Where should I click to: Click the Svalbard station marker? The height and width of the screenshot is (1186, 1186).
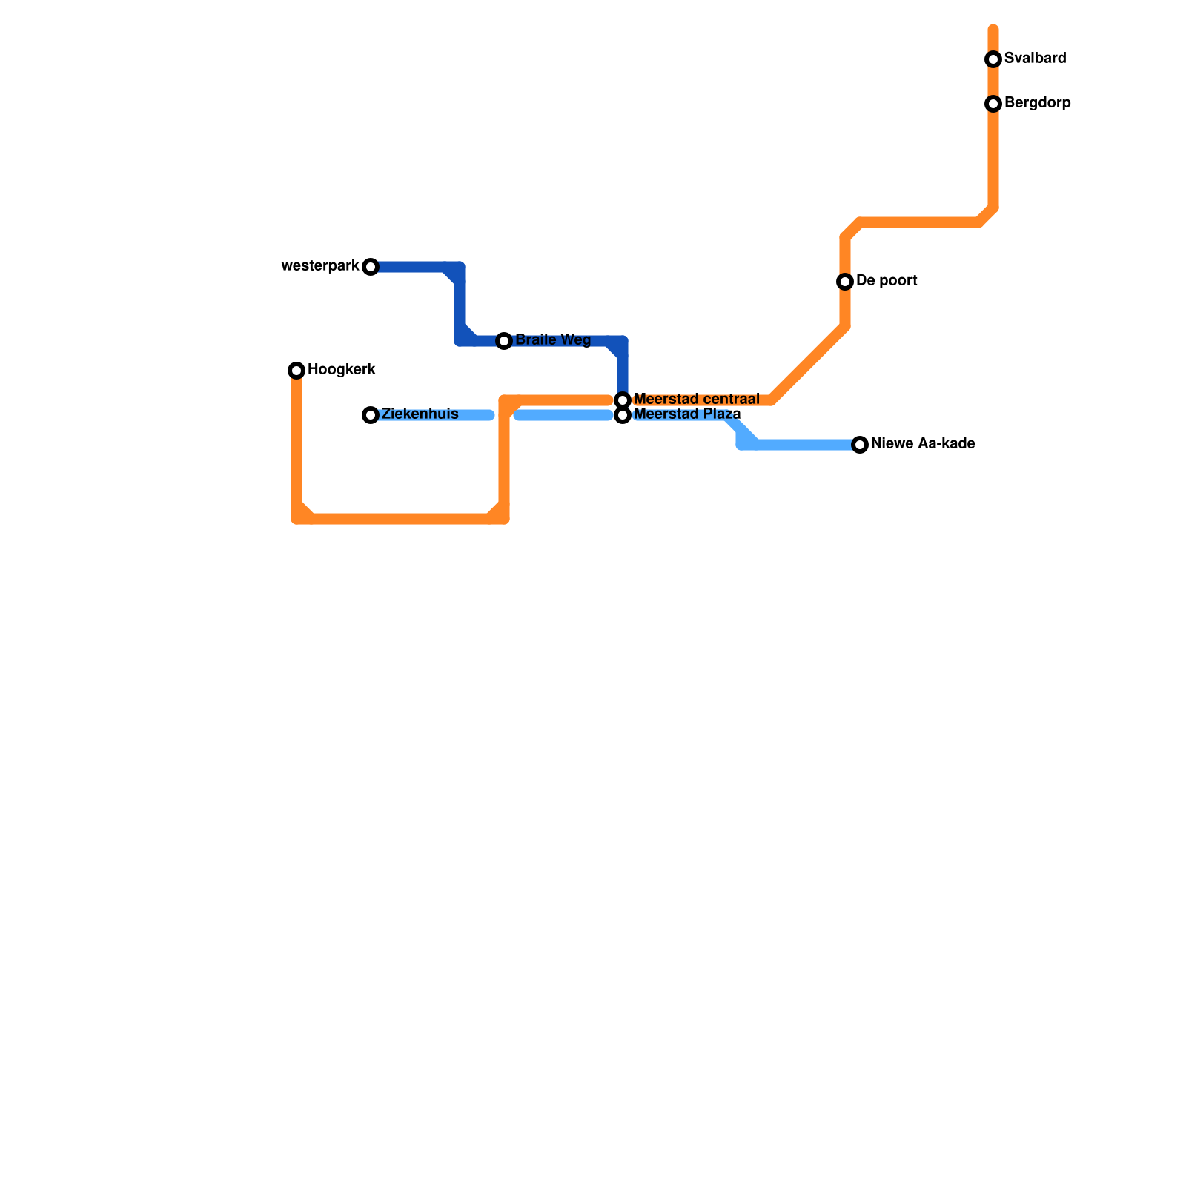coord(993,59)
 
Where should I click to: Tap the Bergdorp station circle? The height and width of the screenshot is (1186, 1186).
coord(993,104)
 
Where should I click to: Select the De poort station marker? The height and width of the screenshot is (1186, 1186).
coord(845,282)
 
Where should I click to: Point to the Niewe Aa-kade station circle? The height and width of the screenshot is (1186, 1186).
coord(860,445)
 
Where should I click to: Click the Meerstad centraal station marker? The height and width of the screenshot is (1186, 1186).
coord(623,400)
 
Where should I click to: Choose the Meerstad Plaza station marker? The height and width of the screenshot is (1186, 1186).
coord(623,415)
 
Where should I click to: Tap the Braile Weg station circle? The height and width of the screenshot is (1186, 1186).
coord(504,341)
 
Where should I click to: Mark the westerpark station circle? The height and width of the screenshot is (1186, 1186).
coord(371,267)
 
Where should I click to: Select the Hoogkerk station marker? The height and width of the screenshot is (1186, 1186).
coord(296,371)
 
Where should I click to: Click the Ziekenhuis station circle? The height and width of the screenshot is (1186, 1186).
coord(371,415)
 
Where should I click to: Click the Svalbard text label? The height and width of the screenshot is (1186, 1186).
coord(1035,59)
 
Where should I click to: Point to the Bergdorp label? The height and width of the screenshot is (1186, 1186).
coord(1037,103)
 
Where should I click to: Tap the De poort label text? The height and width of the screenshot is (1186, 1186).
coord(887,281)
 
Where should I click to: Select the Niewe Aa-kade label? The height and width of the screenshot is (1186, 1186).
coord(923,444)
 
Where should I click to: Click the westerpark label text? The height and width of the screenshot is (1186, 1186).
coord(320,266)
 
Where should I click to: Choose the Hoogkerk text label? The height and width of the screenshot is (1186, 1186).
coord(342,370)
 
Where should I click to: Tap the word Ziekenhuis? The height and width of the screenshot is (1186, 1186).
coord(420,414)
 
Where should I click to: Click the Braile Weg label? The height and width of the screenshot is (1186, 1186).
coord(553,340)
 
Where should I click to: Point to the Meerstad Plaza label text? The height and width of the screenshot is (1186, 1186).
coord(687,414)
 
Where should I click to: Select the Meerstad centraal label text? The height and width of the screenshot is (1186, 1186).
coord(696,400)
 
